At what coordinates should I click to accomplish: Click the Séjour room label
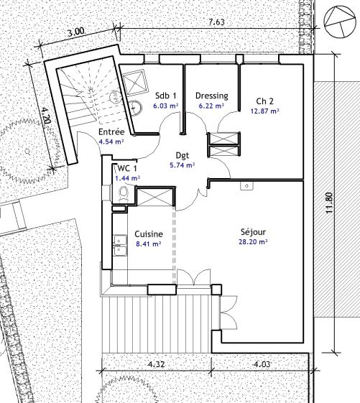click(x=253, y=232)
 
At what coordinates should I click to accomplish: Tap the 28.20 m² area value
click(x=253, y=242)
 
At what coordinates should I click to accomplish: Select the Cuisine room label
click(x=149, y=234)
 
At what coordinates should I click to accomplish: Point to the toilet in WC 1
click(x=124, y=193)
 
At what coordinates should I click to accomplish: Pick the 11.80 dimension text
click(x=329, y=203)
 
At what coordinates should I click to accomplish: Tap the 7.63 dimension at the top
click(x=216, y=22)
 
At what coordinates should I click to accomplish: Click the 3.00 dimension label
click(x=76, y=32)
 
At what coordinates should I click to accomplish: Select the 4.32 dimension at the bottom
click(x=157, y=364)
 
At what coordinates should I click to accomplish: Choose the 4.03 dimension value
click(x=262, y=364)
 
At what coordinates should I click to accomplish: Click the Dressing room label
click(x=212, y=96)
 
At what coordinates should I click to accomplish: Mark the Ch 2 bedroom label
click(x=264, y=101)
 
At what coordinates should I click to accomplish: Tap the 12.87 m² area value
click(x=265, y=111)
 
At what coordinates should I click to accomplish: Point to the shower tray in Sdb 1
click(x=136, y=83)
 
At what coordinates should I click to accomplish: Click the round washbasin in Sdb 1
click(x=135, y=107)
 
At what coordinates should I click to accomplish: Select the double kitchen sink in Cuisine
click(x=120, y=246)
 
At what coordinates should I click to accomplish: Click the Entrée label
click(x=111, y=132)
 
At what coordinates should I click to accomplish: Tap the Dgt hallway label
click(x=183, y=155)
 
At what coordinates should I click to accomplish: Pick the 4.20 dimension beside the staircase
click(x=47, y=116)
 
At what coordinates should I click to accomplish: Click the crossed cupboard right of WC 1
click(x=154, y=197)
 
